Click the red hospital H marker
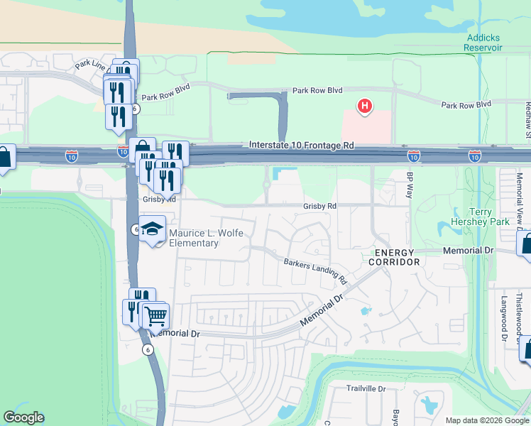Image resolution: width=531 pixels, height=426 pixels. [364, 107]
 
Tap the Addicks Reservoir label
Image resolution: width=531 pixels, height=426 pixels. [483, 43]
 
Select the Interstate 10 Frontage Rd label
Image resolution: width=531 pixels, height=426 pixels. [302, 145]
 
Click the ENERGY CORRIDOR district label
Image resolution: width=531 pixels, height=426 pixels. [394, 257]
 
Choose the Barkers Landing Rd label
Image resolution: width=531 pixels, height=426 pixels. [314, 268]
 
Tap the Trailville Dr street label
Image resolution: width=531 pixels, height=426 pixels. [366, 388]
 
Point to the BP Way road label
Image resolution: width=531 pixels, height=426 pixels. [410, 185]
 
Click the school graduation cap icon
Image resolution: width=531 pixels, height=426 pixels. [152, 229]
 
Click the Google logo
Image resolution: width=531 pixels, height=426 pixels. [23, 417]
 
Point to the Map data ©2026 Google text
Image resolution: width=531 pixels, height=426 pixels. [487, 420]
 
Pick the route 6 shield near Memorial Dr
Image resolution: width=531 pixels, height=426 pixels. [147, 349]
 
